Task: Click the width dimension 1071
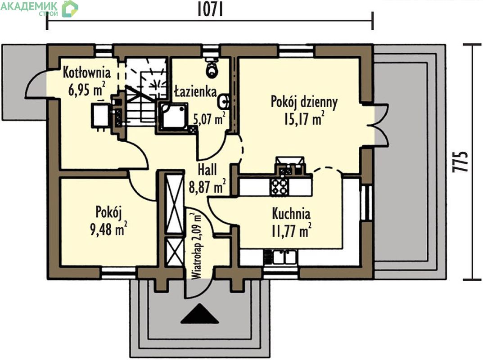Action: (210, 9)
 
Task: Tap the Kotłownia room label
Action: (87, 72)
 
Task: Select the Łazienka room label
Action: (196, 91)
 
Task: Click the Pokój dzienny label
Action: (304, 102)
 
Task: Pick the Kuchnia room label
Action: (291, 214)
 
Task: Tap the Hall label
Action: (207, 170)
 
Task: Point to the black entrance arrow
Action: (199, 314)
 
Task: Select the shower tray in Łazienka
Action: (173, 116)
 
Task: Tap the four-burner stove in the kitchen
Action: (280, 187)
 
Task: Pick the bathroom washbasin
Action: (224, 101)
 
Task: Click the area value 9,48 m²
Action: (108, 229)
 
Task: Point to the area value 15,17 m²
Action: (304, 118)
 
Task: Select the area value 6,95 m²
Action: (87, 89)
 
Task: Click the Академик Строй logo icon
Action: (70, 9)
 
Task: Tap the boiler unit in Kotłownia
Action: (100, 115)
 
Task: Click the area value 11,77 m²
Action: (291, 230)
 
